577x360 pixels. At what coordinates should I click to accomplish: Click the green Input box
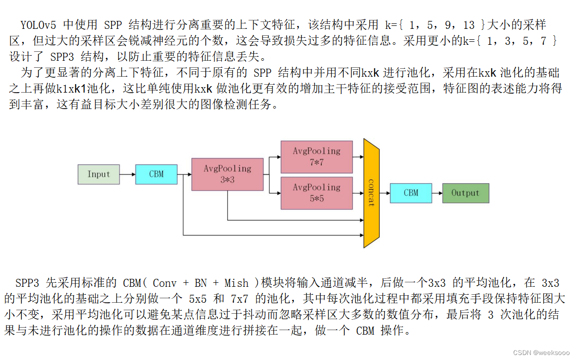coord(99,174)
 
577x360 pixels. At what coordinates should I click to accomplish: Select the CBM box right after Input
coord(156,174)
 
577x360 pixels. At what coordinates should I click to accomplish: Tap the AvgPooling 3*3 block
coord(227,174)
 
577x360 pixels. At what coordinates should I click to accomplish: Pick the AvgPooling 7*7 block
coord(316,156)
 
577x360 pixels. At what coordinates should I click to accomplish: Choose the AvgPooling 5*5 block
coord(316,193)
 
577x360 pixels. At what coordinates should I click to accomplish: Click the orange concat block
coord(371,193)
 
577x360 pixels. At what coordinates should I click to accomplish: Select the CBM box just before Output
coord(411,193)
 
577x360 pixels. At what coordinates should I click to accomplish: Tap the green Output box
coord(465,193)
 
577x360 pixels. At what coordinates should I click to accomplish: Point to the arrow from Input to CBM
coord(127,174)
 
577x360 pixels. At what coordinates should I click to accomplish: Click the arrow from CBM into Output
coord(437,193)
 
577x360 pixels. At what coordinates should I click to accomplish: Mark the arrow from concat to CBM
coord(385,193)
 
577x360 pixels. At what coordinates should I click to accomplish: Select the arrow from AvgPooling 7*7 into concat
coord(358,156)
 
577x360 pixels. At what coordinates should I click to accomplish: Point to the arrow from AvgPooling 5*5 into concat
coord(358,193)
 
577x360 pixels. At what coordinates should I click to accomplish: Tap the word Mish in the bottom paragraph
coord(236,283)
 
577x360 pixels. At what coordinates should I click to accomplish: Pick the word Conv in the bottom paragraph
coord(165,283)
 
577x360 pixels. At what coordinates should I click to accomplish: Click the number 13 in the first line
coord(468,24)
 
